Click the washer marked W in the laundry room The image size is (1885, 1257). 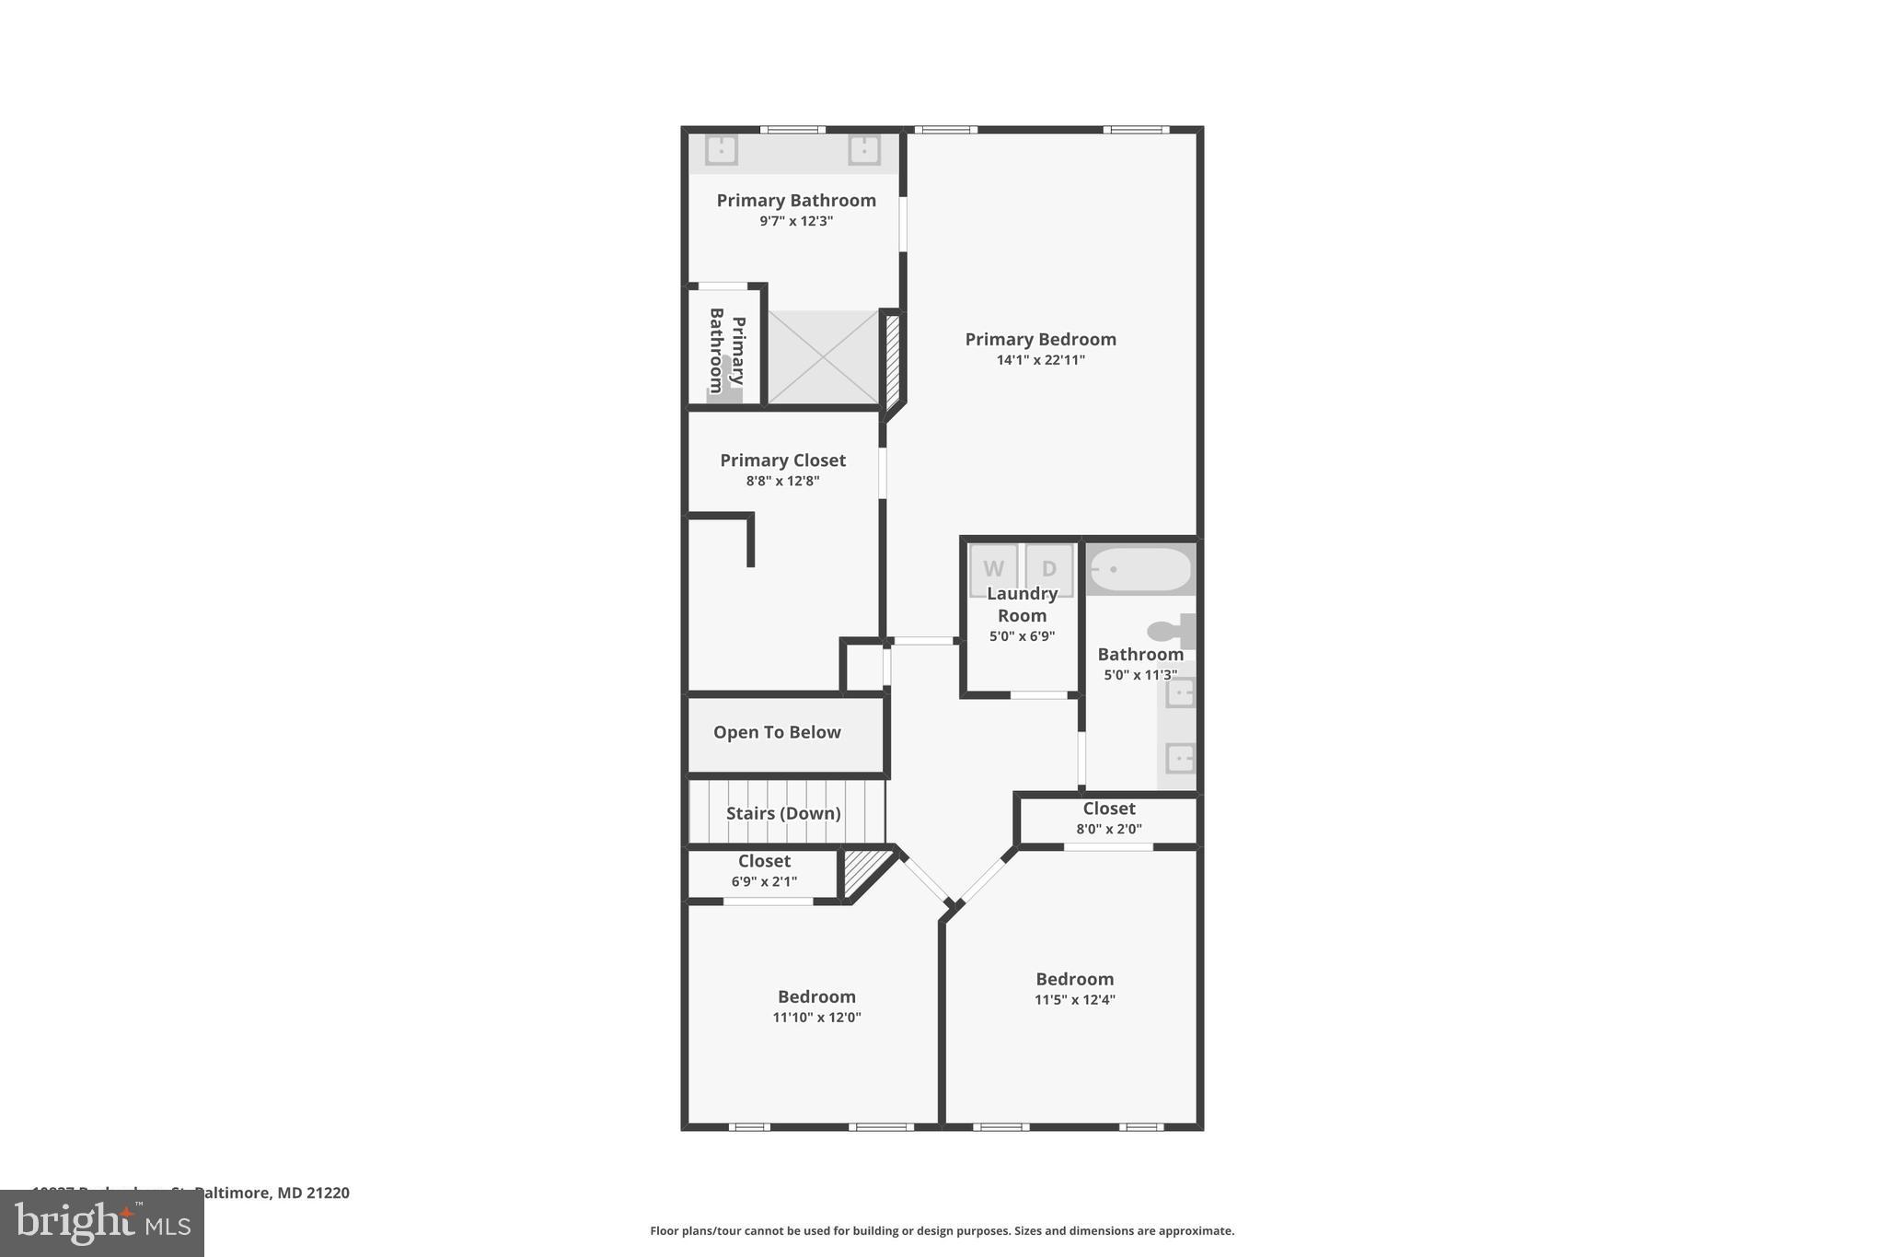click(x=993, y=568)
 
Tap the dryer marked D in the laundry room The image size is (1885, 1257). click(x=1049, y=568)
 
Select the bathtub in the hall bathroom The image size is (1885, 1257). click(x=1139, y=569)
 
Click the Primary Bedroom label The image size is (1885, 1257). click(x=1040, y=339)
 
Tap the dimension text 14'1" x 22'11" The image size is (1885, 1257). click(x=1040, y=360)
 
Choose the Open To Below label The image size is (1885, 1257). click(x=777, y=732)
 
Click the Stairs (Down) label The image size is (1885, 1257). click(x=783, y=813)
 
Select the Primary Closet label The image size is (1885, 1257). click(x=782, y=460)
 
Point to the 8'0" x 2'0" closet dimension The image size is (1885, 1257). click(x=1109, y=829)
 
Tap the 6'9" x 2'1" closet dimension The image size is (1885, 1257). click(x=764, y=881)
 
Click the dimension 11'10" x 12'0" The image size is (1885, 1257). click(x=816, y=1018)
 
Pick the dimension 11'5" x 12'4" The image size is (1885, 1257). click(x=1074, y=1000)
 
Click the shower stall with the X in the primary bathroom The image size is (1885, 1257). click(x=823, y=356)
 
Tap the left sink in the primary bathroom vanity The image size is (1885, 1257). click(x=722, y=149)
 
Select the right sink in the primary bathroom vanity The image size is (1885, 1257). click(x=863, y=149)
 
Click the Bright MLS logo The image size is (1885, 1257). click(x=102, y=1223)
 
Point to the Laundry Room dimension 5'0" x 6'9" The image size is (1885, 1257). click(x=1022, y=636)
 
